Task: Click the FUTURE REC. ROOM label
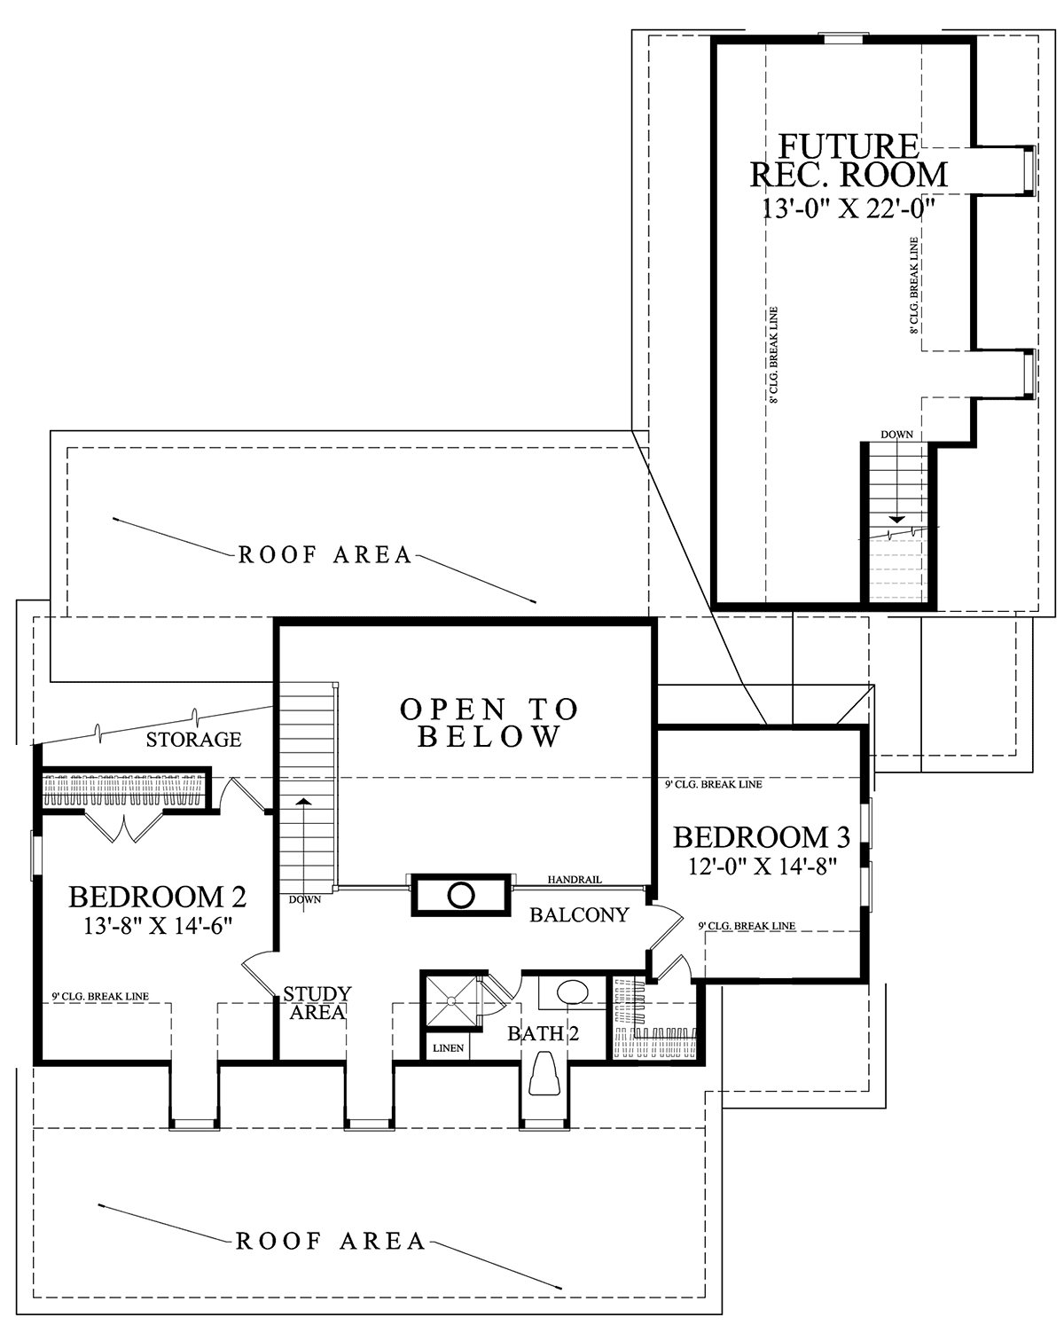849,161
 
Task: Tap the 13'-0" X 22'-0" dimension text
848,209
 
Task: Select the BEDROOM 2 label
157,897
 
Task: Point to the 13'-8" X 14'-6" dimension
158,926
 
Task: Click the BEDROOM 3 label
762,837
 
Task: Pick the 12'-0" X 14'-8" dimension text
763,866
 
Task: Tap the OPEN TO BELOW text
489,723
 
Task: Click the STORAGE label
194,739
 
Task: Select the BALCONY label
579,915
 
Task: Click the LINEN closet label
448,1048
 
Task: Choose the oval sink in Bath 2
572,992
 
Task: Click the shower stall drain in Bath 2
451,1000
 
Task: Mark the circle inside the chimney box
461,895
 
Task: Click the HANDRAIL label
574,880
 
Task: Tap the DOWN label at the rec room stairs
896,435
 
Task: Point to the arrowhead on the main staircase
303,802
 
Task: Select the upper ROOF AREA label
325,555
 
